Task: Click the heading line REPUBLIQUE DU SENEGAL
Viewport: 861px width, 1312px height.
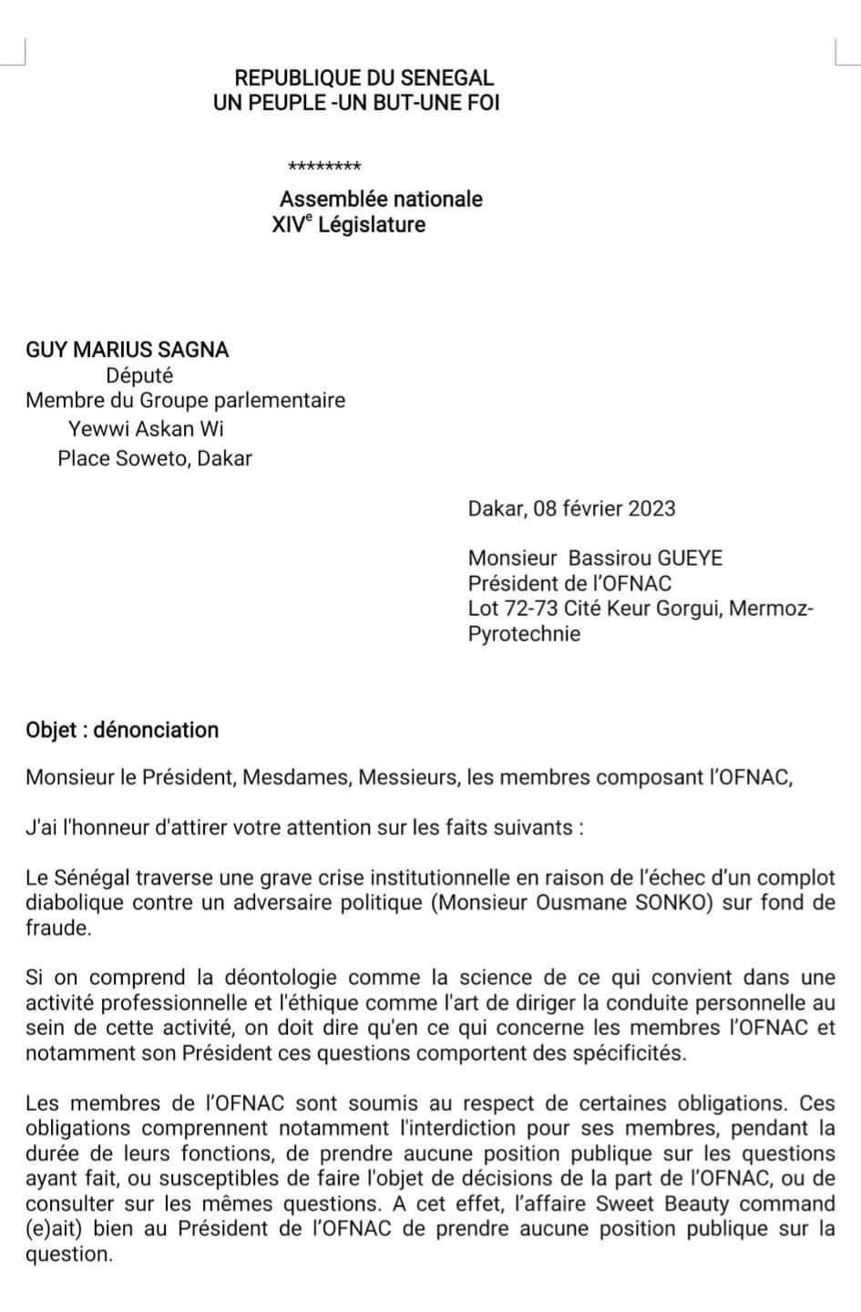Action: pyautogui.click(x=364, y=78)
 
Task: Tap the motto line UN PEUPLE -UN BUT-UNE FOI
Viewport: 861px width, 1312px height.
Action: pyautogui.click(x=356, y=103)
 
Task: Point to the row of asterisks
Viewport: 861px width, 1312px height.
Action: pyautogui.click(x=324, y=167)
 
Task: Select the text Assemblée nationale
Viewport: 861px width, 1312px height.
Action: pyautogui.click(x=381, y=199)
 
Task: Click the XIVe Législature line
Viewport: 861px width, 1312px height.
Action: pyautogui.click(x=348, y=224)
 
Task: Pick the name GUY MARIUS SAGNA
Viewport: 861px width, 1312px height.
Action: pyautogui.click(x=128, y=349)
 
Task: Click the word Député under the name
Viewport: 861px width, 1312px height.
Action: pyautogui.click(x=139, y=374)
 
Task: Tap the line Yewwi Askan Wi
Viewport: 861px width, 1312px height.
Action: pyautogui.click(x=146, y=428)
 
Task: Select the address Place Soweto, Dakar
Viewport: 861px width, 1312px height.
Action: pyautogui.click(x=155, y=457)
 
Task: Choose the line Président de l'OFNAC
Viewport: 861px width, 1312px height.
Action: pyautogui.click(x=569, y=583)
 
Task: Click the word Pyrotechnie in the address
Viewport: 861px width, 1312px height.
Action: pyautogui.click(x=524, y=634)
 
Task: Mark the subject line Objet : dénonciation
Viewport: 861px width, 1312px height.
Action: pyautogui.click(x=122, y=730)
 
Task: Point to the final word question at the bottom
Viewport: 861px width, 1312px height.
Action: pyautogui.click(x=68, y=1255)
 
